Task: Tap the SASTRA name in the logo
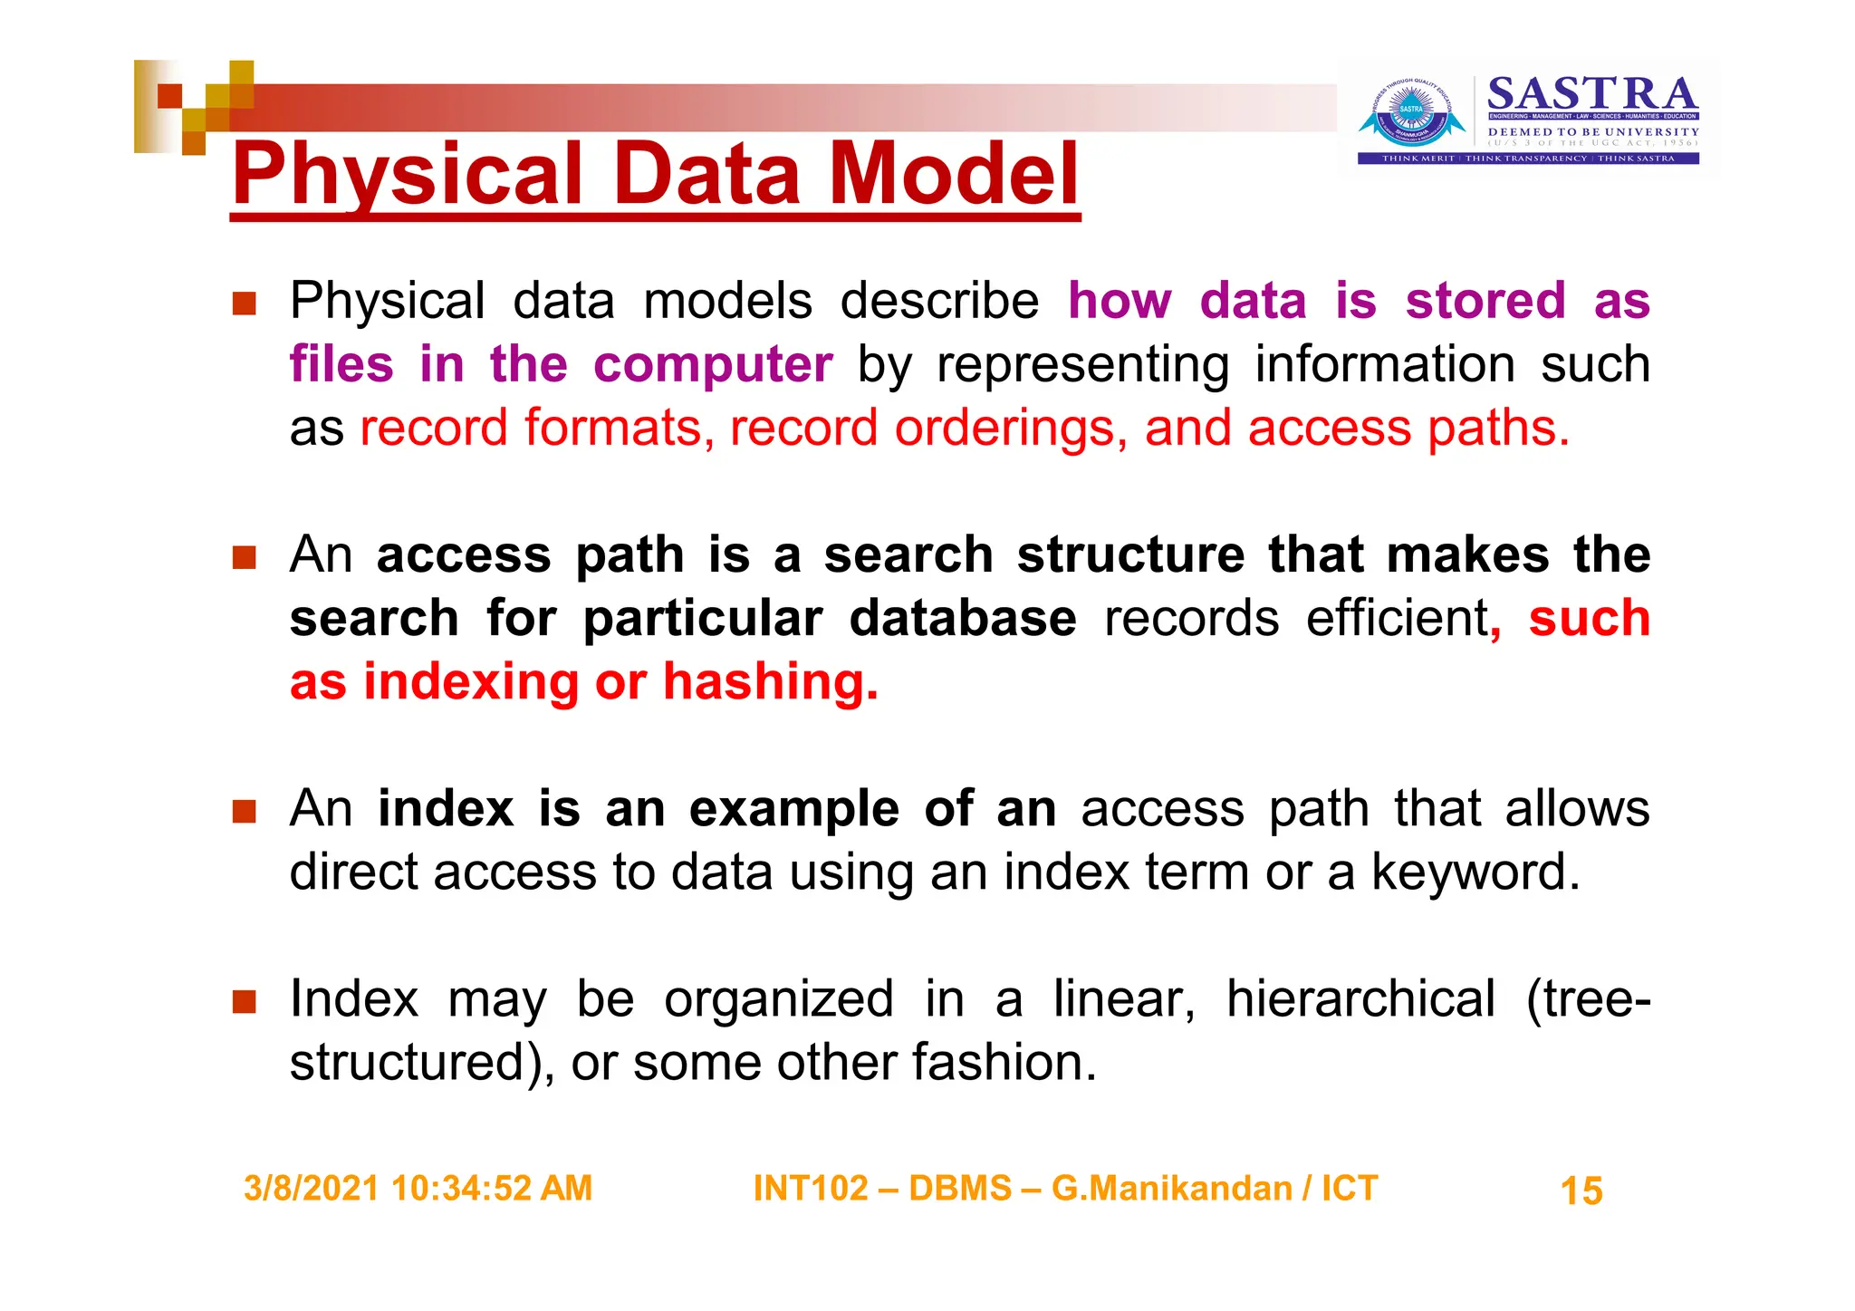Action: click(1591, 94)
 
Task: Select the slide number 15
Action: click(1581, 1191)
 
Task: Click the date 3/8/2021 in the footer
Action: click(311, 1188)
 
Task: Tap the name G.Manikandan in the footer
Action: click(1171, 1188)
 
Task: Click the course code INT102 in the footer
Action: click(810, 1188)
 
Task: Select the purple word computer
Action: click(713, 364)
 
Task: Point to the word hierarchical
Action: click(1360, 999)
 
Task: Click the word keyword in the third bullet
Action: click(1475, 872)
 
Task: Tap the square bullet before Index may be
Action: click(244, 1001)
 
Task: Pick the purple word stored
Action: click(1485, 301)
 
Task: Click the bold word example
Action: click(793, 808)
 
